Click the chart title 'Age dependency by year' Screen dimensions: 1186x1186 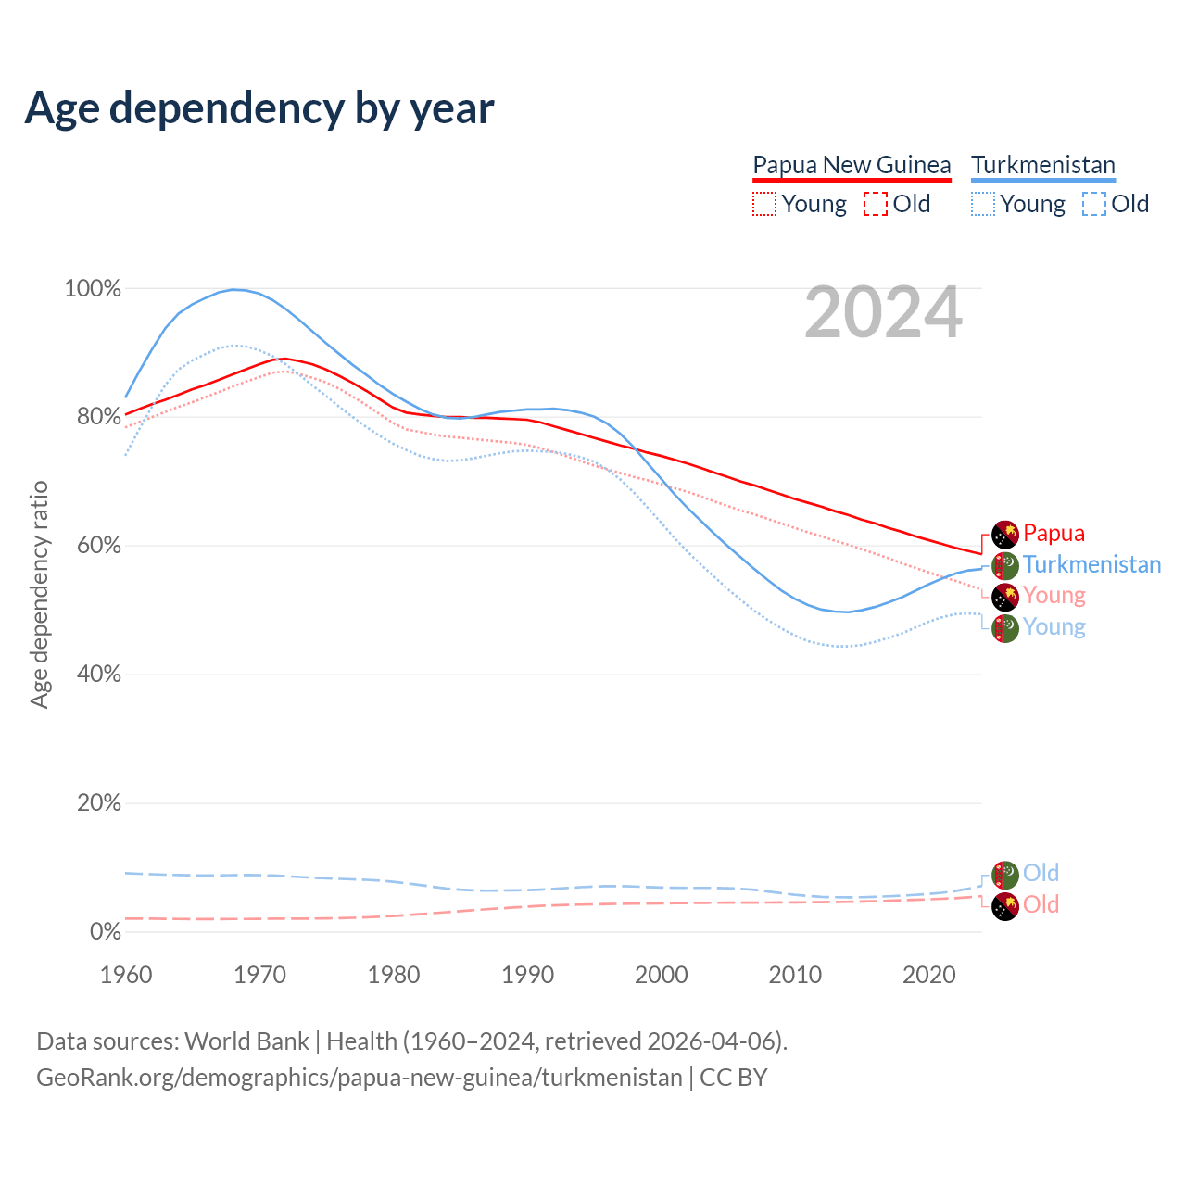(x=259, y=108)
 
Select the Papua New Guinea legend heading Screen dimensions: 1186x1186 (x=852, y=165)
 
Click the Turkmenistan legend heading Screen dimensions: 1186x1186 (x=1043, y=165)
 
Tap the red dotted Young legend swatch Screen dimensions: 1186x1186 (x=764, y=204)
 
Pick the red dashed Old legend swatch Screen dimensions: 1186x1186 (x=876, y=204)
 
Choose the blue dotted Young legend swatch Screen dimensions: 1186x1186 (x=983, y=204)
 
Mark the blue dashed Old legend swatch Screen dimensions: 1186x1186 (x=1094, y=204)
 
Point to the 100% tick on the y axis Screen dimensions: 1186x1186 (x=93, y=289)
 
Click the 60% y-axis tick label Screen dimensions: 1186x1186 (x=97, y=546)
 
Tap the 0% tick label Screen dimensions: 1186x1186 (x=106, y=932)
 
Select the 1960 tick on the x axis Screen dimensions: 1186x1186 (x=126, y=975)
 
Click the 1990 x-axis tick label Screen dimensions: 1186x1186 (x=527, y=975)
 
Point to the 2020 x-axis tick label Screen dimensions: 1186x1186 (x=928, y=975)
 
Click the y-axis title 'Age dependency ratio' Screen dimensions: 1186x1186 (x=40, y=594)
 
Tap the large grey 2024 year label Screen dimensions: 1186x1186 (x=883, y=313)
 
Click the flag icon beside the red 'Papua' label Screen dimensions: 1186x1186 (x=1005, y=535)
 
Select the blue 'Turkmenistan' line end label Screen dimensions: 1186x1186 (x=1091, y=564)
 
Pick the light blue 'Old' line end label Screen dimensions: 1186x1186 (x=1041, y=873)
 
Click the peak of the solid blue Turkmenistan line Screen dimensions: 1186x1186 (x=234, y=289)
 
